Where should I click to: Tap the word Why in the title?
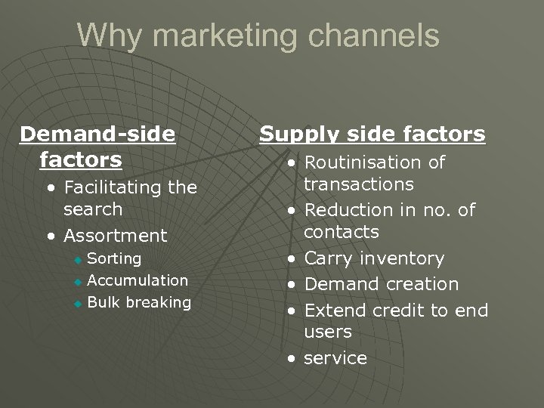pyautogui.click(x=104, y=36)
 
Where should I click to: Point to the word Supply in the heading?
pyautogui.click(x=297, y=134)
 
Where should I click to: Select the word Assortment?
pyautogui.click(x=115, y=236)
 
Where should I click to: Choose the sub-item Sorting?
pyautogui.click(x=114, y=258)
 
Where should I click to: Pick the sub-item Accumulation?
pyautogui.click(x=138, y=280)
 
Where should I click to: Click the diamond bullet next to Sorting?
pyautogui.click(x=76, y=260)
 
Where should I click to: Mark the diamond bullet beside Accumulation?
pyautogui.click(x=76, y=282)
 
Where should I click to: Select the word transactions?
pyautogui.click(x=358, y=184)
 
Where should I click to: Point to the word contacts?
pyautogui.click(x=341, y=231)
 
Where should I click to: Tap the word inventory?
pyautogui.click(x=401, y=258)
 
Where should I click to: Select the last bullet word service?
pyautogui.click(x=335, y=358)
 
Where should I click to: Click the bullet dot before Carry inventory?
pyautogui.click(x=291, y=260)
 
